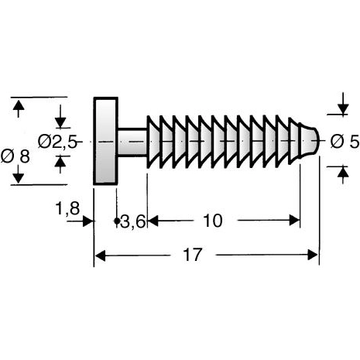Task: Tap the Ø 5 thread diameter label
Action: (x=343, y=142)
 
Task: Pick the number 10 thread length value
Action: (x=211, y=221)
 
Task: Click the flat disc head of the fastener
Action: (x=105, y=141)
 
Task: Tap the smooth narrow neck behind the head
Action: (x=131, y=141)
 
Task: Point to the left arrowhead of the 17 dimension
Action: (x=100, y=255)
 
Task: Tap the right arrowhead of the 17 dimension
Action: (x=314, y=255)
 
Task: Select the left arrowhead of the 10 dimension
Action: (x=153, y=221)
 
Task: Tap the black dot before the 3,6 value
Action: (x=117, y=221)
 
